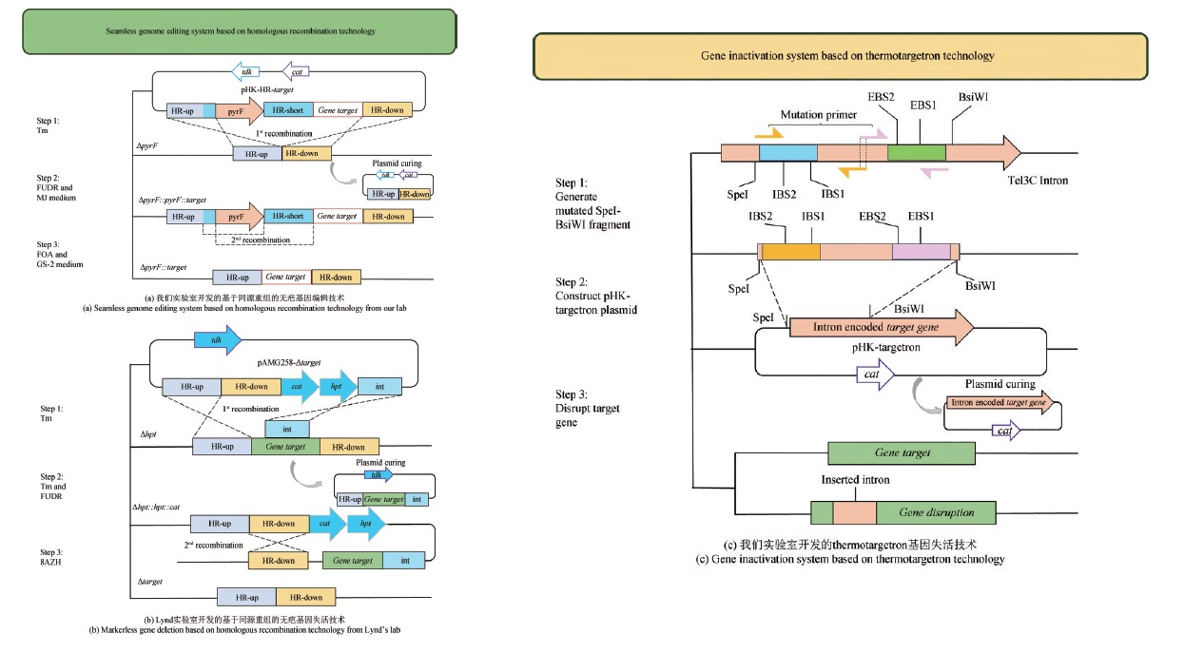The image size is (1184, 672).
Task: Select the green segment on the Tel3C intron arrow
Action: [x=916, y=152]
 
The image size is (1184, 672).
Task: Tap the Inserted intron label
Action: [x=854, y=481]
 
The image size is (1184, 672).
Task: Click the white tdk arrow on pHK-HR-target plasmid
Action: [x=247, y=71]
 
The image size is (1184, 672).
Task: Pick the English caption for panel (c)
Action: [x=850, y=560]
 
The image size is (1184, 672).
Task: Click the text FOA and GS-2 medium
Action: [x=60, y=259]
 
